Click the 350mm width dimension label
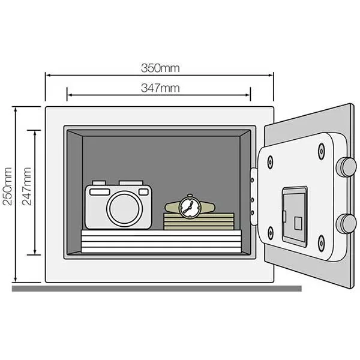click(x=159, y=67)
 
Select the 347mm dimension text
click(x=159, y=88)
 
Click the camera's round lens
click(x=124, y=208)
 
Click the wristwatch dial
click(x=190, y=207)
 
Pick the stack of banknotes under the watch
click(x=199, y=221)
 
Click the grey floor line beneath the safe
click(x=156, y=289)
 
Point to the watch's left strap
click(x=172, y=207)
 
